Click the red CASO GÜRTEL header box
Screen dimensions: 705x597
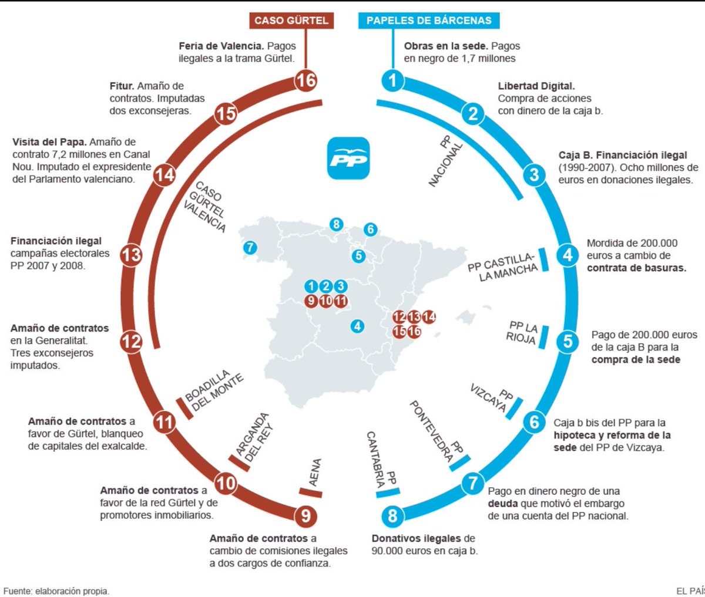(291, 21)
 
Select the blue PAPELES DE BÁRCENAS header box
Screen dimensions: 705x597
(429, 21)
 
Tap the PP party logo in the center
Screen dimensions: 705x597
(348, 158)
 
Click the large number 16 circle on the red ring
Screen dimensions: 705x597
(305, 79)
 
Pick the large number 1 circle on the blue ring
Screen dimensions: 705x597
(392, 80)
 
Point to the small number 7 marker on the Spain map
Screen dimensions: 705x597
(250, 248)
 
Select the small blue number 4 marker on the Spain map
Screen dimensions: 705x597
(357, 326)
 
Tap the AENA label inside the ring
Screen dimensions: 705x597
(315, 473)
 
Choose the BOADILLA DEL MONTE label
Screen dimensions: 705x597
(213, 392)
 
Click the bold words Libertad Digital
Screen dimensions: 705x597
(536, 86)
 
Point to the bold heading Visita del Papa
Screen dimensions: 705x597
(50, 142)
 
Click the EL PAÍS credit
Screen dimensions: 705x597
(690, 591)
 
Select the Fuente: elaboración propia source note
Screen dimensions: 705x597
(56, 591)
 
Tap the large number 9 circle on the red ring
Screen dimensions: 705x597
(305, 516)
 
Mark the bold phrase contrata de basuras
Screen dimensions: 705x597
(636, 268)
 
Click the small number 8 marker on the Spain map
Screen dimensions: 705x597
(336, 224)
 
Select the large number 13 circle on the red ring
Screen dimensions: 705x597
(131, 255)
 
